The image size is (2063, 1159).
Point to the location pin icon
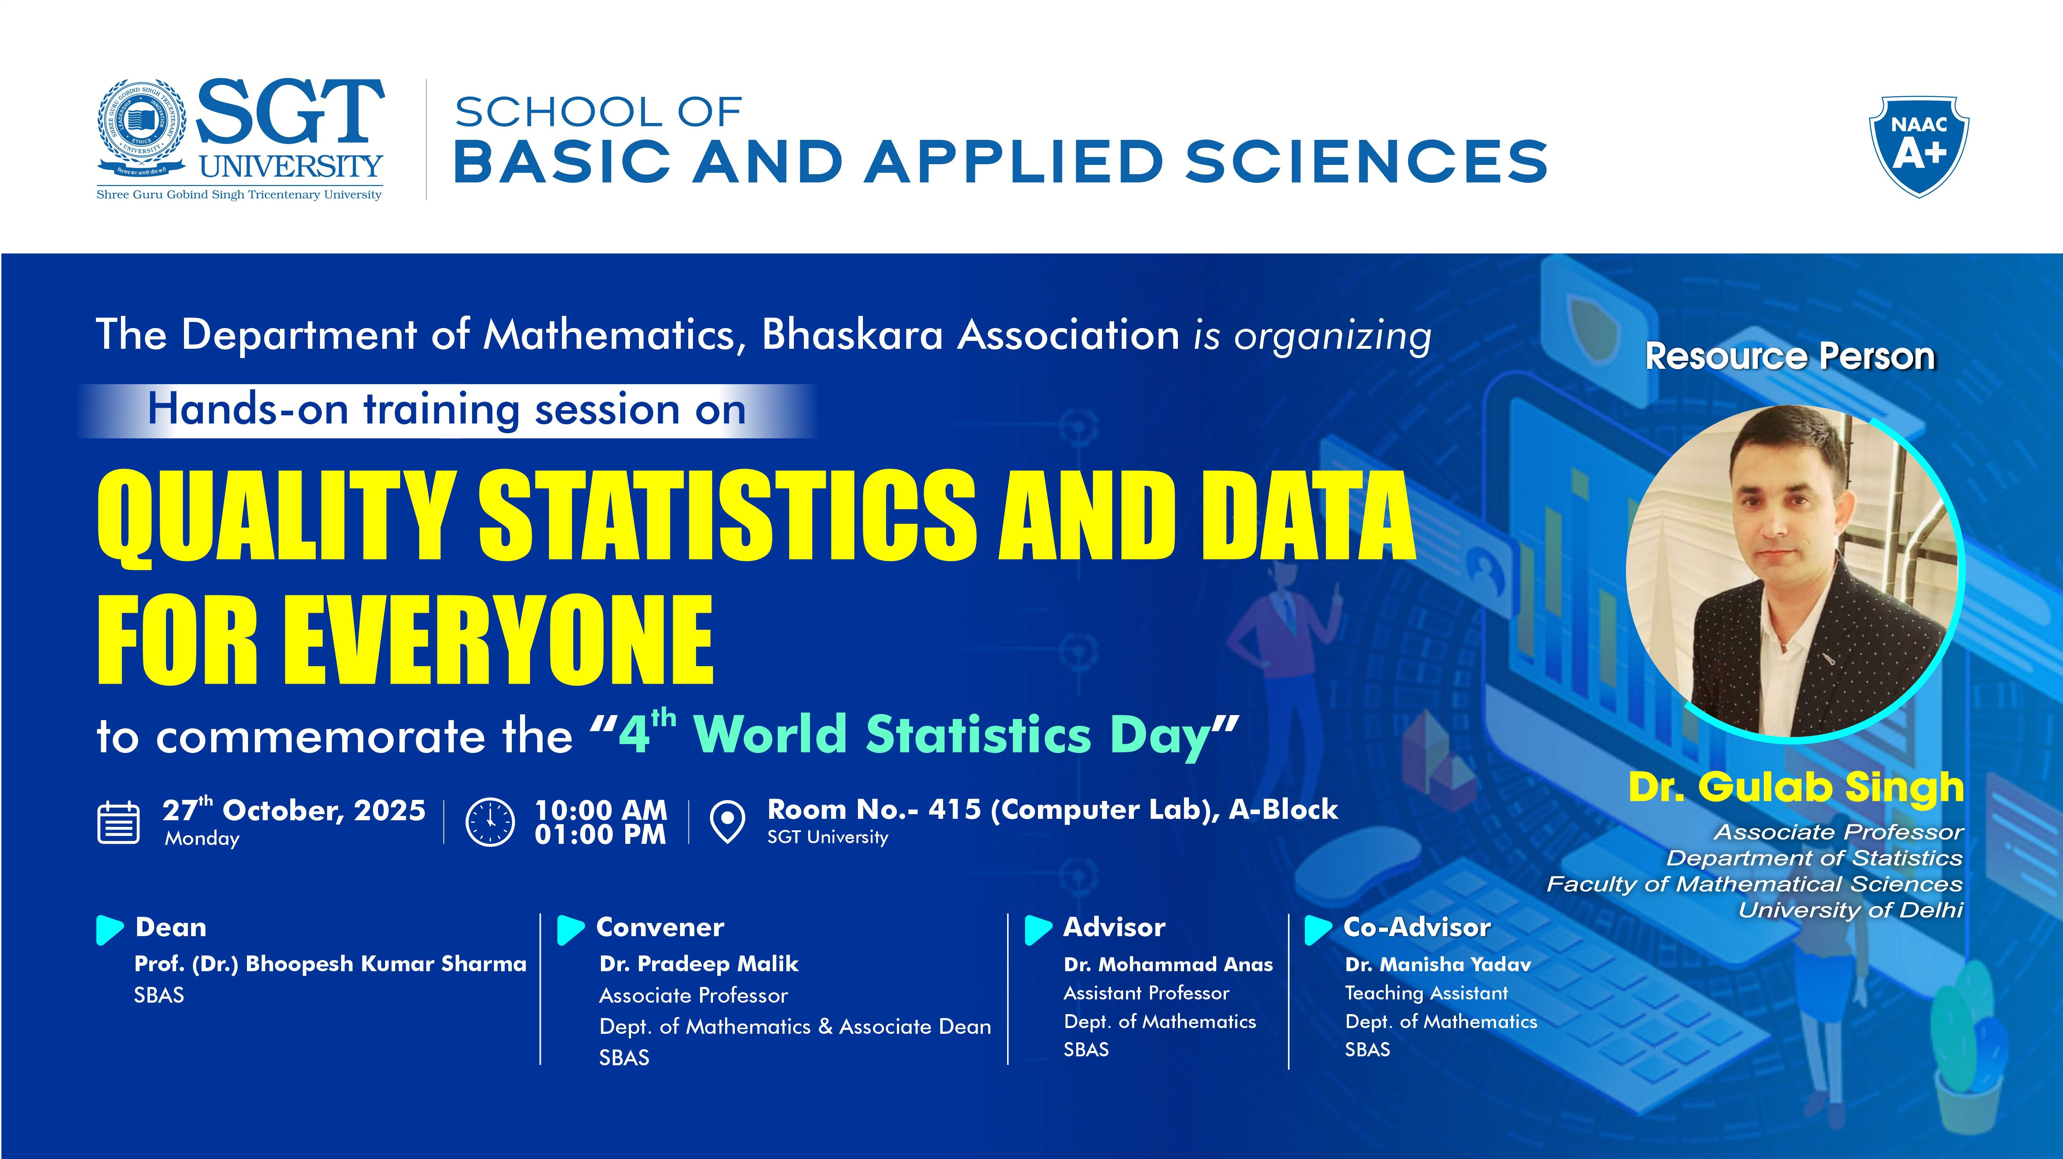(727, 822)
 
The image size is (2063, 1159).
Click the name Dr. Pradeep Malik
(698, 964)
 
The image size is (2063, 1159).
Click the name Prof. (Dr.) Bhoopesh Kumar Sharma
(330, 964)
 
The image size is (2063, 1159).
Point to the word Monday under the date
(202, 839)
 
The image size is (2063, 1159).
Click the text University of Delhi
(1850, 910)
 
